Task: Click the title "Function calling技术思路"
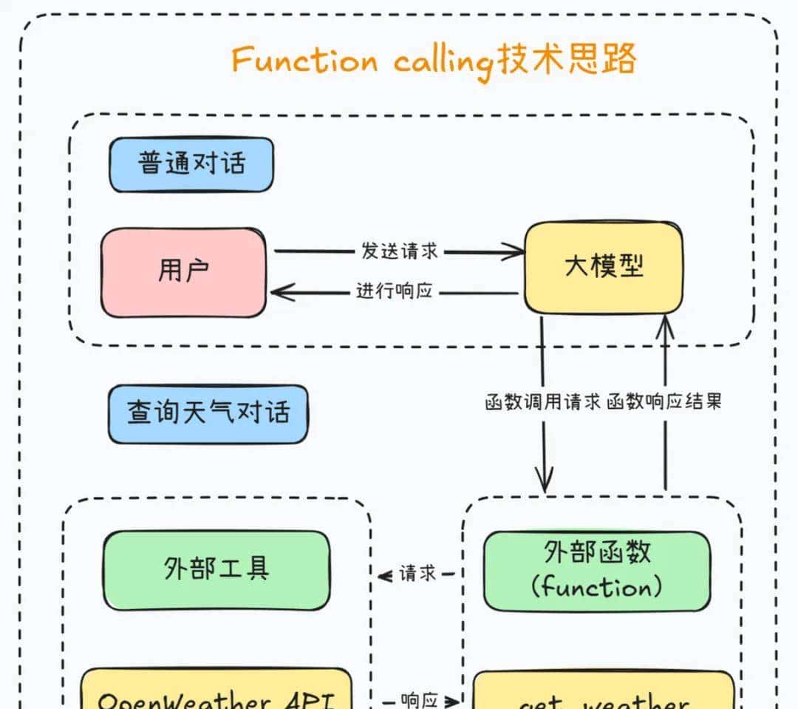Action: pos(434,60)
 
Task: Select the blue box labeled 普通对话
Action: pos(191,164)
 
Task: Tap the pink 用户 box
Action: pos(183,272)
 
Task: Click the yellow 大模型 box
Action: pos(604,266)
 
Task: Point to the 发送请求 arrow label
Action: pos(400,251)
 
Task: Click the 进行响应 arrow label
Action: pos(394,291)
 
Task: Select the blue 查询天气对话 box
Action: pos(208,413)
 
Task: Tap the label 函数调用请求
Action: pos(542,403)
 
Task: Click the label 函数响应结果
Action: pos(664,403)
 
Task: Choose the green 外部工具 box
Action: pos(216,570)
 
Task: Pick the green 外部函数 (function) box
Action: pos(597,571)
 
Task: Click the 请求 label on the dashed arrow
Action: pos(417,574)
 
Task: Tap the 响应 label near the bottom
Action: pos(420,699)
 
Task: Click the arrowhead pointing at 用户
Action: pos(278,293)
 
